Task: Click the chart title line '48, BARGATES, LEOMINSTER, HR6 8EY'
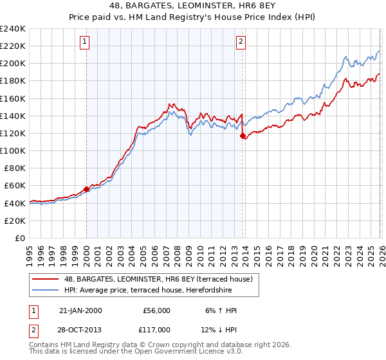193,6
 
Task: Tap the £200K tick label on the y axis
14,63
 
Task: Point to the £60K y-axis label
15,185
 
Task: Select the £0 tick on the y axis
21,238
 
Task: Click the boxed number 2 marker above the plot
241,42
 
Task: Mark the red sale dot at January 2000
86,189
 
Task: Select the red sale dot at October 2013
243,136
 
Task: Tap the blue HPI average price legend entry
160,289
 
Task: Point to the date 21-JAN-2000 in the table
80,310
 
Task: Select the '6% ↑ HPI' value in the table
221,310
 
